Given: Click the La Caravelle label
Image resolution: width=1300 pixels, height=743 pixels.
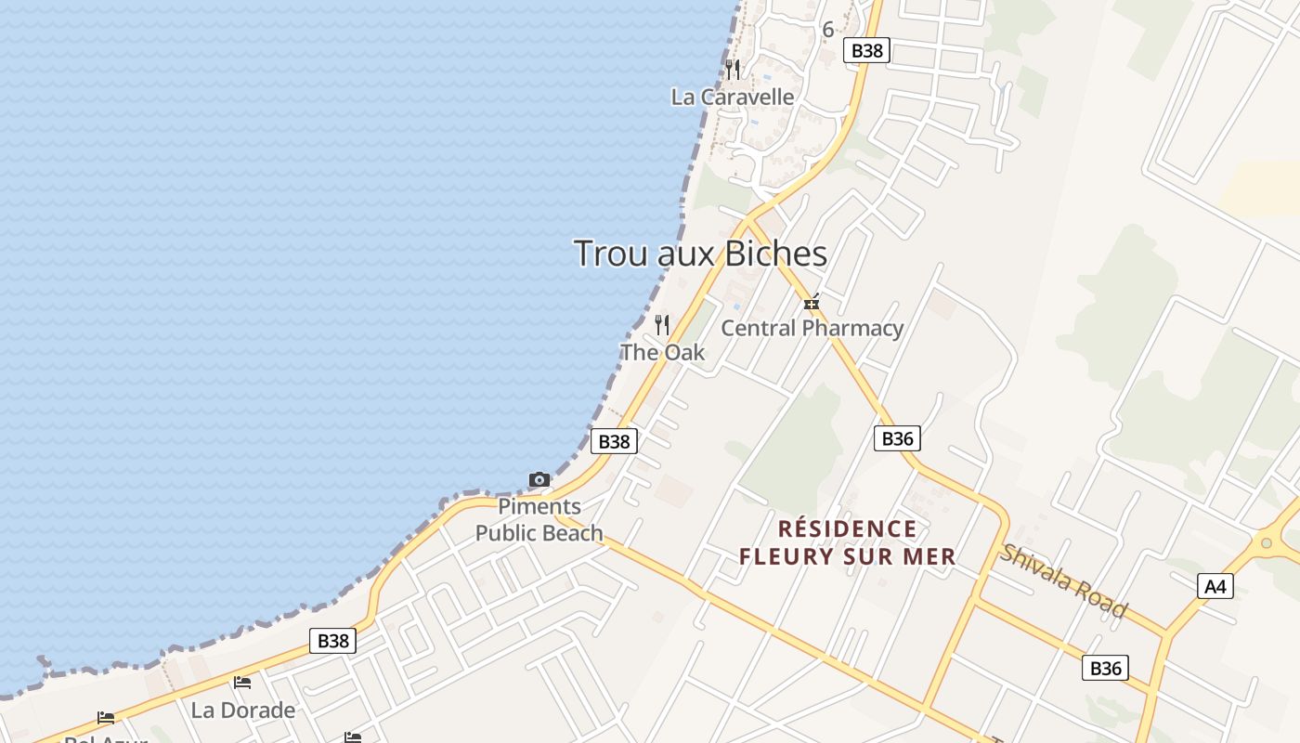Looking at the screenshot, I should click(x=733, y=97).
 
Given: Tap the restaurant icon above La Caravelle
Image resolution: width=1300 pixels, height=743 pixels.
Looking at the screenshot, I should click(x=733, y=69).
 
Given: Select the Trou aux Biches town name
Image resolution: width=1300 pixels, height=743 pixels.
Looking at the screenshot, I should click(x=700, y=254).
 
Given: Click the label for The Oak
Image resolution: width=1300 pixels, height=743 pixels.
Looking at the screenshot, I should click(x=662, y=352).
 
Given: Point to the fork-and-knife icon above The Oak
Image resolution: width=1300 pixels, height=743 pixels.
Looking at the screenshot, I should click(x=662, y=325).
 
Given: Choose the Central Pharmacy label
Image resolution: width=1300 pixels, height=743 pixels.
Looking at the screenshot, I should click(x=812, y=328).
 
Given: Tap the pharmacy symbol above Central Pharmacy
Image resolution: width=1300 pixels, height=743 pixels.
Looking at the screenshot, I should click(x=812, y=303).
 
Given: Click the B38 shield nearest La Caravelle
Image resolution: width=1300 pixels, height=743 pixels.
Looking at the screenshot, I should click(x=866, y=50).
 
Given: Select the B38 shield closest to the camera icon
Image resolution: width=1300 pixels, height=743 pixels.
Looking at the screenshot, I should click(x=614, y=441).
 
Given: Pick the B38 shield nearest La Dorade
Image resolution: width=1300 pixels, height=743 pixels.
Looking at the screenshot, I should click(x=332, y=640).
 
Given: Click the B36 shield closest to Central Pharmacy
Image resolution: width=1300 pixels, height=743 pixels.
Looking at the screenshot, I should click(x=897, y=438).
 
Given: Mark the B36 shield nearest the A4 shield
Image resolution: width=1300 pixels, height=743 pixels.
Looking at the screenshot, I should click(x=1105, y=668).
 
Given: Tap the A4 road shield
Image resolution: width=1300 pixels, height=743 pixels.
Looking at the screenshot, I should click(x=1215, y=586).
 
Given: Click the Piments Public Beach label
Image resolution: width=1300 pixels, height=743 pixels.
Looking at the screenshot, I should click(x=539, y=520).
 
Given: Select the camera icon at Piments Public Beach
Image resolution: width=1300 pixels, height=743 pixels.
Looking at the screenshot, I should click(x=539, y=480).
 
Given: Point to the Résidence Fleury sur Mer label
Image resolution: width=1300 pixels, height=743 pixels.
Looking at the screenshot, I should click(x=847, y=542).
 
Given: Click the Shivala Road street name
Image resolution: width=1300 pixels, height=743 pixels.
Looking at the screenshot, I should click(x=1063, y=581).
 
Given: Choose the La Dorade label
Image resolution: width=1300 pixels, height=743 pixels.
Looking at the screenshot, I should click(x=243, y=710).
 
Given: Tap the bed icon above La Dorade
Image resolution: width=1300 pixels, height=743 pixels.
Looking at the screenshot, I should click(x=242, y=684).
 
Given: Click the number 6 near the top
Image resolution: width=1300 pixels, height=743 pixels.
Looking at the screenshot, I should click(x=827, y=30).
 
